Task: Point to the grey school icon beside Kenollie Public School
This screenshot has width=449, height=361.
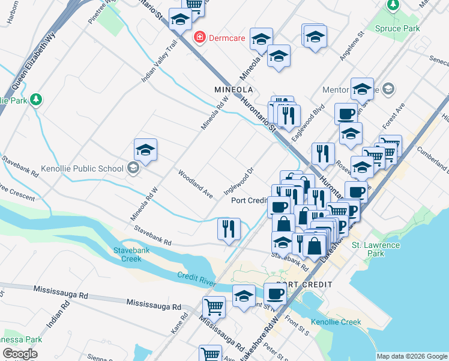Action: click(133, 168)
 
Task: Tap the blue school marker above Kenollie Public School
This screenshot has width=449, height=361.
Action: click(145, 150)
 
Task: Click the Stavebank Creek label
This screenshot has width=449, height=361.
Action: click(127, 255)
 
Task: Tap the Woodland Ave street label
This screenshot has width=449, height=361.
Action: click(196, 184)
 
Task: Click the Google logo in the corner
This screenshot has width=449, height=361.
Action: click(20, 354)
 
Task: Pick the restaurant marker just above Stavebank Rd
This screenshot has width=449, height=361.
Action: click(229, 229)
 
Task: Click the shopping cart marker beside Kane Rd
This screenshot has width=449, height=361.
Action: click(214, 307)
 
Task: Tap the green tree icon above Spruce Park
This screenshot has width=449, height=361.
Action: click(393, 5)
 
